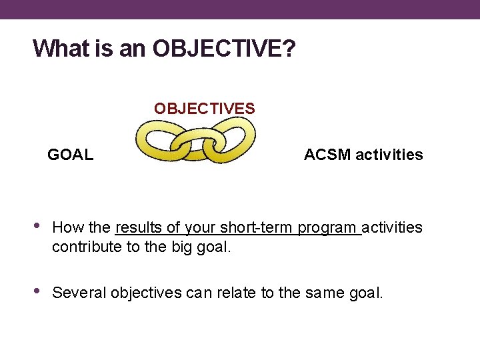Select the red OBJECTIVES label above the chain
tap(204, 108)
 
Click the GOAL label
tap(70, 155)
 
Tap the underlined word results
tap(139, 228)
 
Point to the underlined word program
tap(327, 228)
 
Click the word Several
tap(79, 293)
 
